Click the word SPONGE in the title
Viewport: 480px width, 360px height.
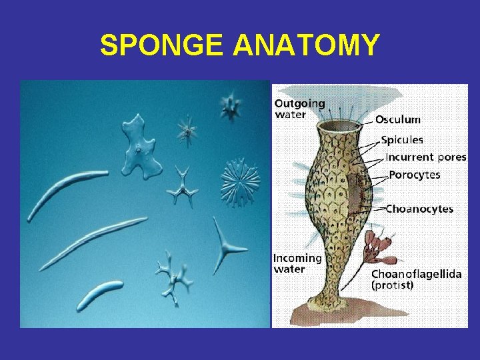[163, 45]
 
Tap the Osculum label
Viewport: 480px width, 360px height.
[397, 120]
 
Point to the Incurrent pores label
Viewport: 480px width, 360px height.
[426, 158]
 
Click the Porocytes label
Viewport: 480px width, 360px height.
[415, 175]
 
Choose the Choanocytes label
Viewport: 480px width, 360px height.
[420, 209]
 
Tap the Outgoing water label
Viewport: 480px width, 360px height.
[299, 109]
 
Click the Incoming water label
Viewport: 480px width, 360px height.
[297, 263]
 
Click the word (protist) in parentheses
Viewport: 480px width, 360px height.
[392, 285]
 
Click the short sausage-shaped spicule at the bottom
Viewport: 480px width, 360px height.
[99, 295]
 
